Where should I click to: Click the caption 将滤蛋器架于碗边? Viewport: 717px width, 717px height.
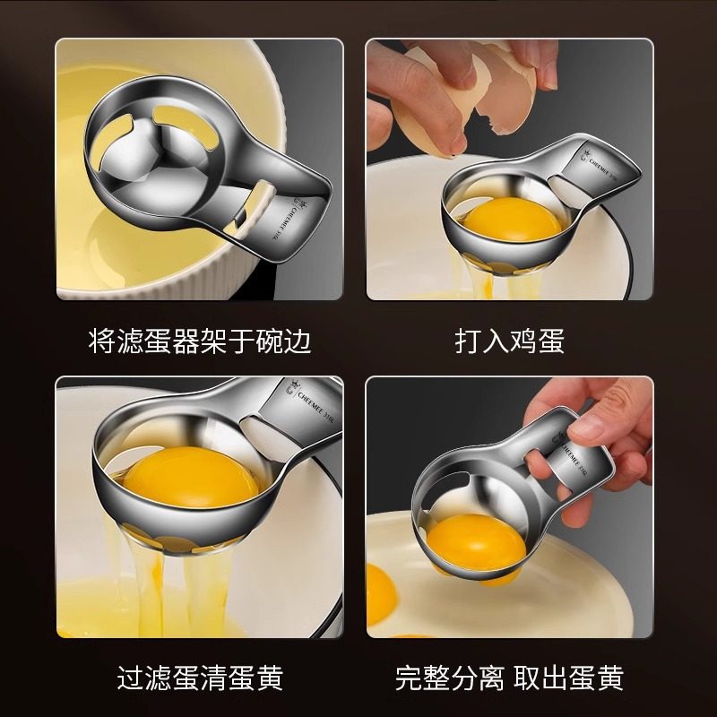point(200,341)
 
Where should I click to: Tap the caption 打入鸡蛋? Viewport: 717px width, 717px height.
point(510,341)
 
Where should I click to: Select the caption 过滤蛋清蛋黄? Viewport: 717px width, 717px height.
point(200,678)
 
